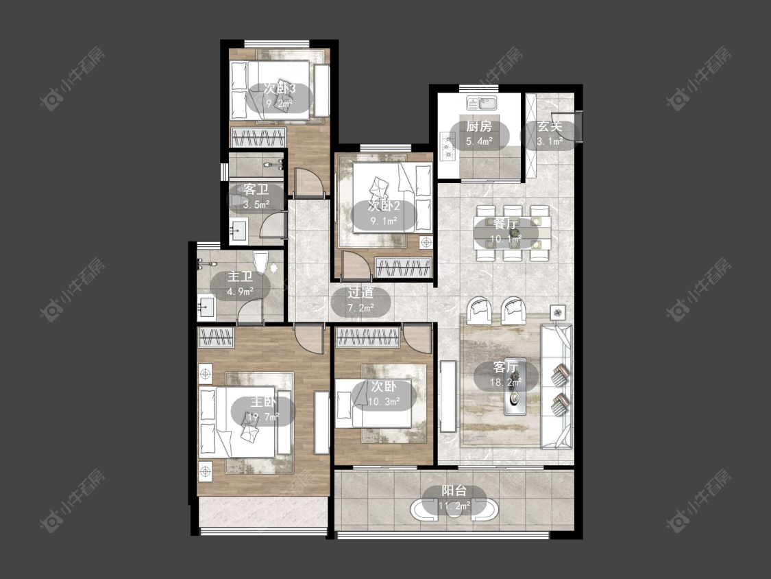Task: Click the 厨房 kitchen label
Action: [479, 126]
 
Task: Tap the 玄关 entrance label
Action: [549, 126]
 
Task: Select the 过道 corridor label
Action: [361, 293]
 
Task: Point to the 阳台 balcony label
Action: [454, 491]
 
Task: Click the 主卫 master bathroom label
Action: [240, 276]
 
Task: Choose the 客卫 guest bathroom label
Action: [256, 189]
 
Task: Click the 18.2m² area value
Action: [506, 381]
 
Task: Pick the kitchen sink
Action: [482, 103]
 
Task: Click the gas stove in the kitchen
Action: [448, 146]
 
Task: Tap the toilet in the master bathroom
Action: [260, 263]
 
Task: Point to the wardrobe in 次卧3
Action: [258, 137]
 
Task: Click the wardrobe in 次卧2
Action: [403, 268]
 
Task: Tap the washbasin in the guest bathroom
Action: [240, 231]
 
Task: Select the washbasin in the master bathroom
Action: [206, 307]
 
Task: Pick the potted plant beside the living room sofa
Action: [558, 311]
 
